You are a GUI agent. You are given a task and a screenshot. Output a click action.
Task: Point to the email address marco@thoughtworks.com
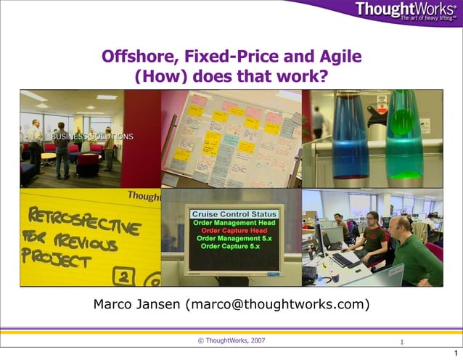tap(277, 304)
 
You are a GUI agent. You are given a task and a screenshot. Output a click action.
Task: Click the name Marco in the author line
tap(115, 304)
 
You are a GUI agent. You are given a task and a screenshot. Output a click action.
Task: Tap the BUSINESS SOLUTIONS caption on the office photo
tap(91, 136)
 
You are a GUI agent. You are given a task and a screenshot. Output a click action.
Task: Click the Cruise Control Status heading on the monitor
tap(234, 214)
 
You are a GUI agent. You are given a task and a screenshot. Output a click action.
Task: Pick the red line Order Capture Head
tap(234, 230)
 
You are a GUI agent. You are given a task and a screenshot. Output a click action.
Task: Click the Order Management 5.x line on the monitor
tap(234, 238)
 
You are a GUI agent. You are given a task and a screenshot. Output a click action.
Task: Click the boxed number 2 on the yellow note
tap(125, 276)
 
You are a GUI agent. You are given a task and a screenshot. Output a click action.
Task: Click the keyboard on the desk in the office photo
tap(347, 259)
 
